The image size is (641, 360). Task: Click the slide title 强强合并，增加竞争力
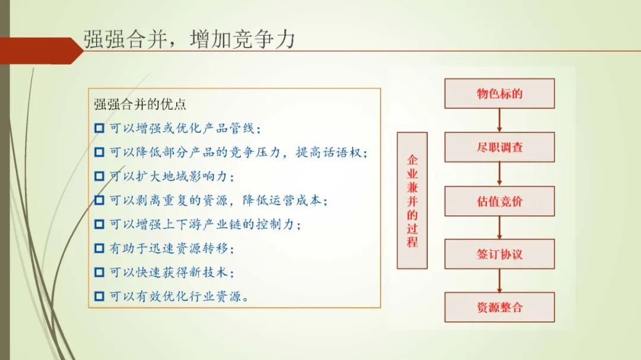189,40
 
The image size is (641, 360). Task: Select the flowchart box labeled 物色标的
500,94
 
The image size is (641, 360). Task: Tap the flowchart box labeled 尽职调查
500,147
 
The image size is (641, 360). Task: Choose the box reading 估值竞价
500,201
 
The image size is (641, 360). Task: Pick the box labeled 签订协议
500,254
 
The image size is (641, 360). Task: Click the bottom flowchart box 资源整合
500,307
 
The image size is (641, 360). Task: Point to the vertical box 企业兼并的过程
412,200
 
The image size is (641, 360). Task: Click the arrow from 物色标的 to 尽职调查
499,120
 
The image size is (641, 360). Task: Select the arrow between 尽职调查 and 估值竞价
499,174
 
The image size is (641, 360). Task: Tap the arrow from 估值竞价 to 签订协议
499,228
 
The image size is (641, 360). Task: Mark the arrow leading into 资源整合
499,281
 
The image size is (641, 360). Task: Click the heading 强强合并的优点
140,104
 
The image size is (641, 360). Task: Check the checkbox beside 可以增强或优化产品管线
99,128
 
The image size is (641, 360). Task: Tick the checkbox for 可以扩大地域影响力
99,176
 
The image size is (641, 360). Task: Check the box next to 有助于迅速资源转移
99,248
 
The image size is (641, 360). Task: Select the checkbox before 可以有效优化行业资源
99,296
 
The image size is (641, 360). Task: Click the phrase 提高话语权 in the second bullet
329,152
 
